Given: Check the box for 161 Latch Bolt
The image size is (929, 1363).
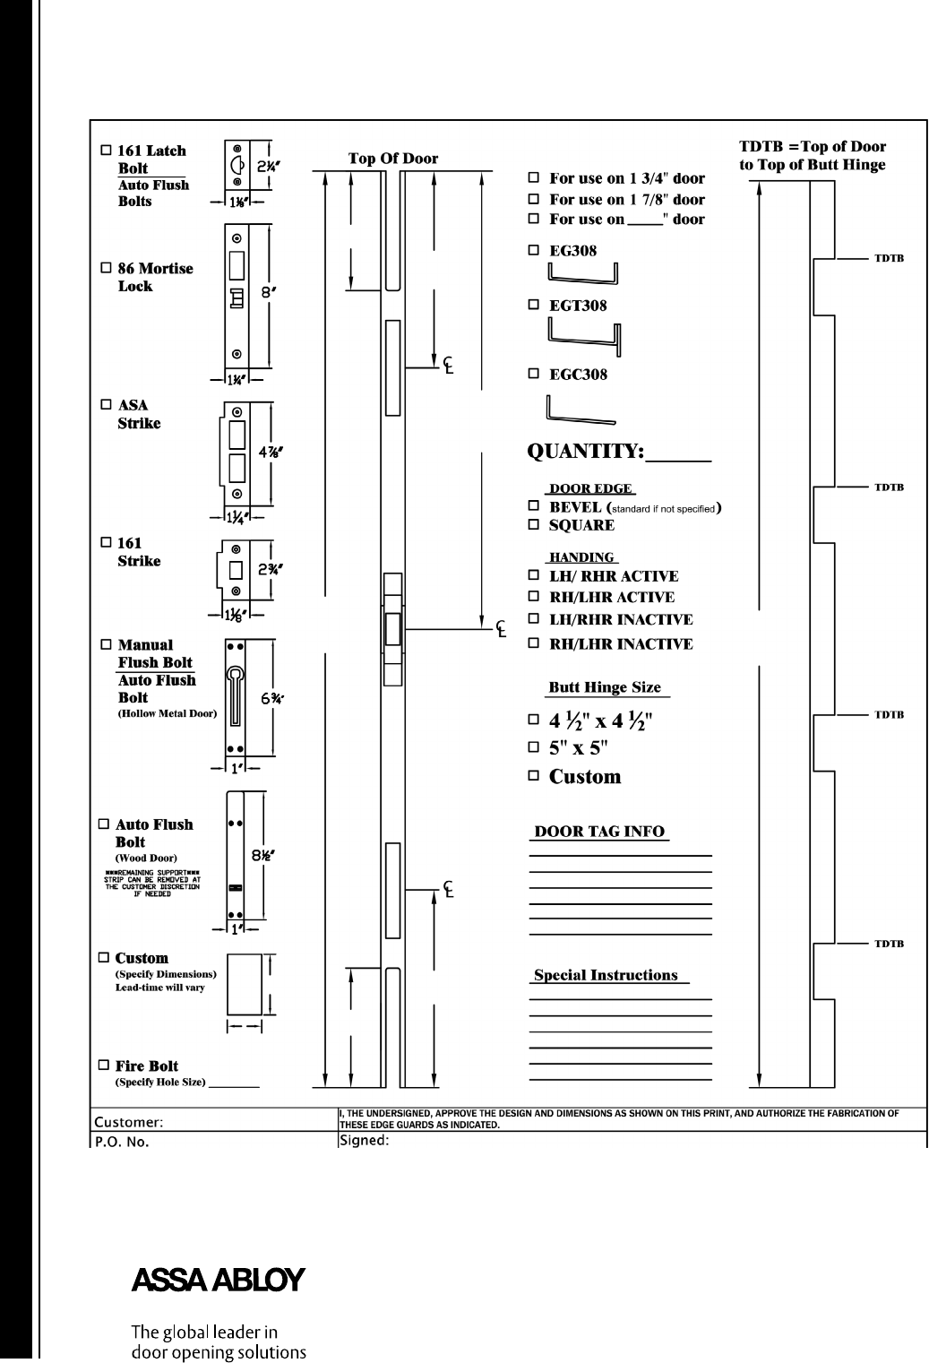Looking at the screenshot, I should point(106,151).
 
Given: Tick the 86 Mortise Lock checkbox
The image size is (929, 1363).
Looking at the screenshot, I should point(106,268).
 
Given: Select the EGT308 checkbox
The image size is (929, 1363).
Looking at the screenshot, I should point(534,306).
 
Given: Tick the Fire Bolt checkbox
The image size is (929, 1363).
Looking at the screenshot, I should point(104,1065).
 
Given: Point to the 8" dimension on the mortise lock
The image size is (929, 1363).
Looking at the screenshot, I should point(256,290).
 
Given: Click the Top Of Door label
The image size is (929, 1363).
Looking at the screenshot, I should point(393,159).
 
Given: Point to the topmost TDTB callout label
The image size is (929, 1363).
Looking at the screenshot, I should point(889,259).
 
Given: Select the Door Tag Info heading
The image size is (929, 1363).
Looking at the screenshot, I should point(599,832).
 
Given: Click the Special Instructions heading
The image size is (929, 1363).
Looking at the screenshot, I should point(606,975).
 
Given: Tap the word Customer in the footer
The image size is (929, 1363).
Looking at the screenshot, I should point(128,1120).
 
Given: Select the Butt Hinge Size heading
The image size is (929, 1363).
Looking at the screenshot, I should point(605,687).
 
